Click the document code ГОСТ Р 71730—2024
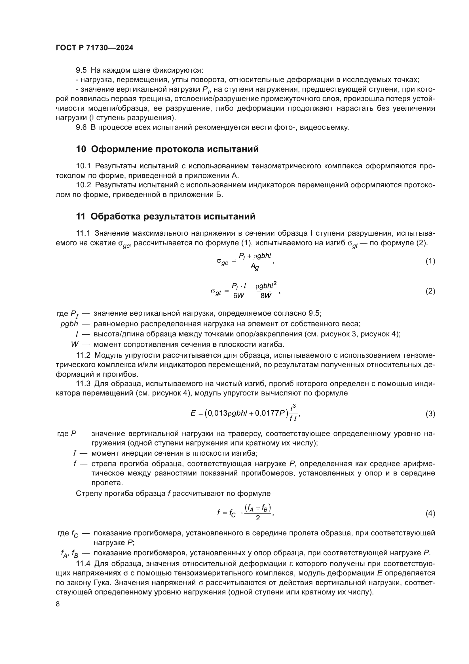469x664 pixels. (94, 48)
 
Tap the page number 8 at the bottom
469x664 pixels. (58, 604)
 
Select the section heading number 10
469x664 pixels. (81, 149)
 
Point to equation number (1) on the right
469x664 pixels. (430, 261)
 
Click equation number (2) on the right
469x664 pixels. (430, 291)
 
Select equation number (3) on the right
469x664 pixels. (430, 414)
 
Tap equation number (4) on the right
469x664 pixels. (430, 514)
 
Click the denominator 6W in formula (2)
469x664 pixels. (238, 296)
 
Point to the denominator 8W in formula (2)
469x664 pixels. (266, 296)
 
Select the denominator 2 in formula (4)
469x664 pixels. (257, 518)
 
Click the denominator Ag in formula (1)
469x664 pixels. (255, 267)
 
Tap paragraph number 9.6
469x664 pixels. (81, 127)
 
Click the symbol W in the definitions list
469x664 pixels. (75, 344)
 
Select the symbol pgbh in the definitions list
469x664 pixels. (69, 324)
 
